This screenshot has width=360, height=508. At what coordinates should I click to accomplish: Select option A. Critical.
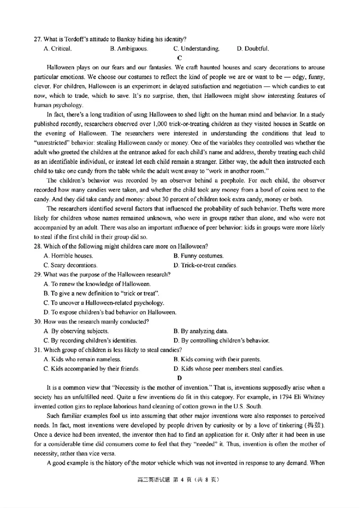coord(57,49)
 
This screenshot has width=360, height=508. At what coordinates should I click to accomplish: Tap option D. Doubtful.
coord(253,49)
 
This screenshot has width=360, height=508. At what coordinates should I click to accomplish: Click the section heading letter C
coord(180,58)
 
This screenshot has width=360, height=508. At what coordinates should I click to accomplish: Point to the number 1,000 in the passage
coord(162,125)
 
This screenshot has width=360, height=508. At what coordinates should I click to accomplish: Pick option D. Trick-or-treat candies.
coord(205,265)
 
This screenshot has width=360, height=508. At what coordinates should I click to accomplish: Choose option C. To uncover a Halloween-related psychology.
coord(104,303)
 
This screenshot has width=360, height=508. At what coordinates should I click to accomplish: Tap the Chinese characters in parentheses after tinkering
coord(314,425)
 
